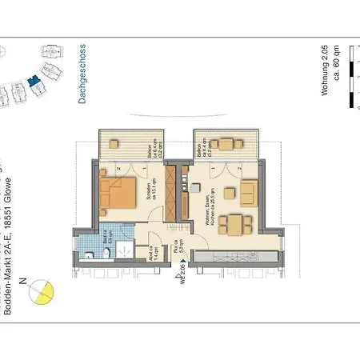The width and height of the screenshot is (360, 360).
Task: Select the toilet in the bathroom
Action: tap(92, 254)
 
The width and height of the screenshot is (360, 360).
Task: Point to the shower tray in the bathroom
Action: tap(124, 249)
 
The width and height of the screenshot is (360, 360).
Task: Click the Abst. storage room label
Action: tap(152, 252)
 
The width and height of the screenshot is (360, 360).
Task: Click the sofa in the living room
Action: tap(249, 192)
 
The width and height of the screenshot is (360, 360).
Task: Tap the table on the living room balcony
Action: tap(230, 146)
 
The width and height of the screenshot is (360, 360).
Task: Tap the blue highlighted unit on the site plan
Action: tap(33, 80)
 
